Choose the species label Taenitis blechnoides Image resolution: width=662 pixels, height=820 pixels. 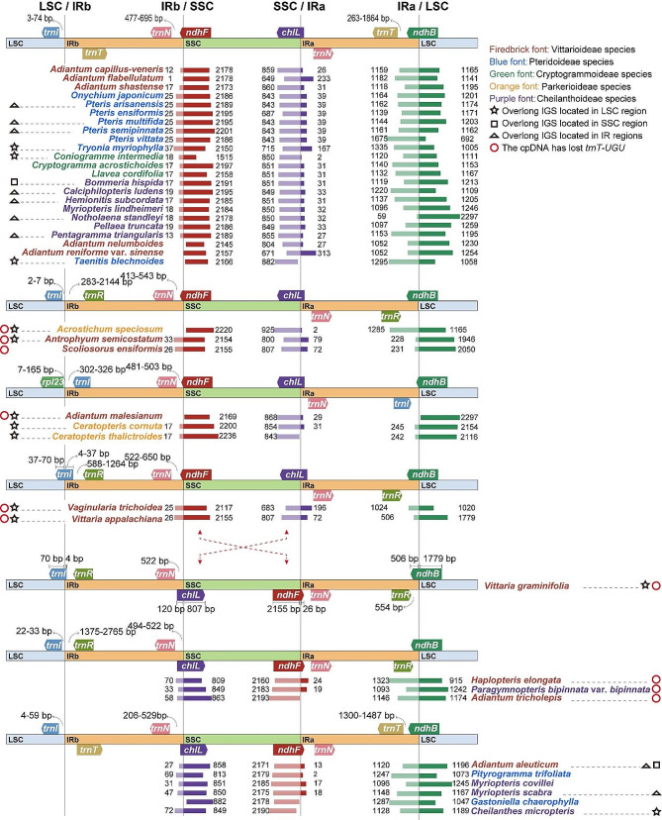(x=123, y=260)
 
